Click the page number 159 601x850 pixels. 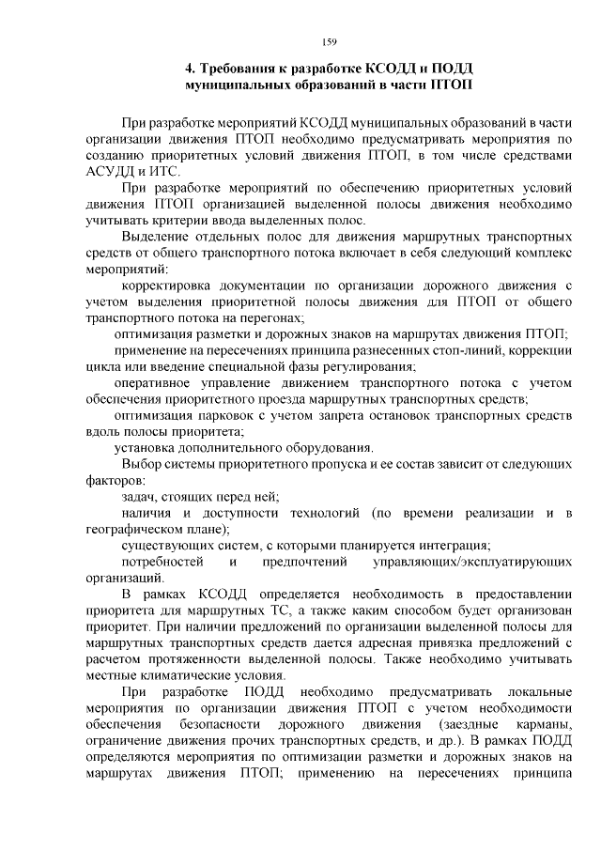pos(329,41)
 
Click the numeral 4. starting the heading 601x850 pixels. pos(189,69)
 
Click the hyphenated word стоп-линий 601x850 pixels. pos(441,350)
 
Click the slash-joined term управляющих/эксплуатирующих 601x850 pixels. pos(472,562)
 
